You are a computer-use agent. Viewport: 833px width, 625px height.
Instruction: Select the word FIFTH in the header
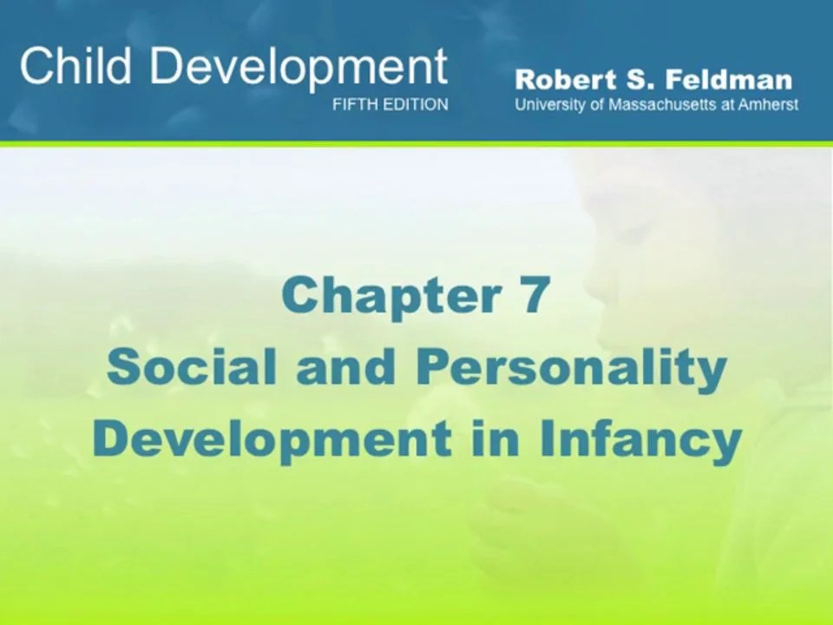354,105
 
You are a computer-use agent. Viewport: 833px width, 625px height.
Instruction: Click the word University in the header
550,105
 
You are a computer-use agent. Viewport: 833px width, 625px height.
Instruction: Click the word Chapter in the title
381,296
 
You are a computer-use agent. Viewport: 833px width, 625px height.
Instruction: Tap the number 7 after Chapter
535,296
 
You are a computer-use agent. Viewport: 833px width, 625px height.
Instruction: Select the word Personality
571,369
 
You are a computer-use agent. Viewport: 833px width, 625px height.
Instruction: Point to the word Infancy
640,440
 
